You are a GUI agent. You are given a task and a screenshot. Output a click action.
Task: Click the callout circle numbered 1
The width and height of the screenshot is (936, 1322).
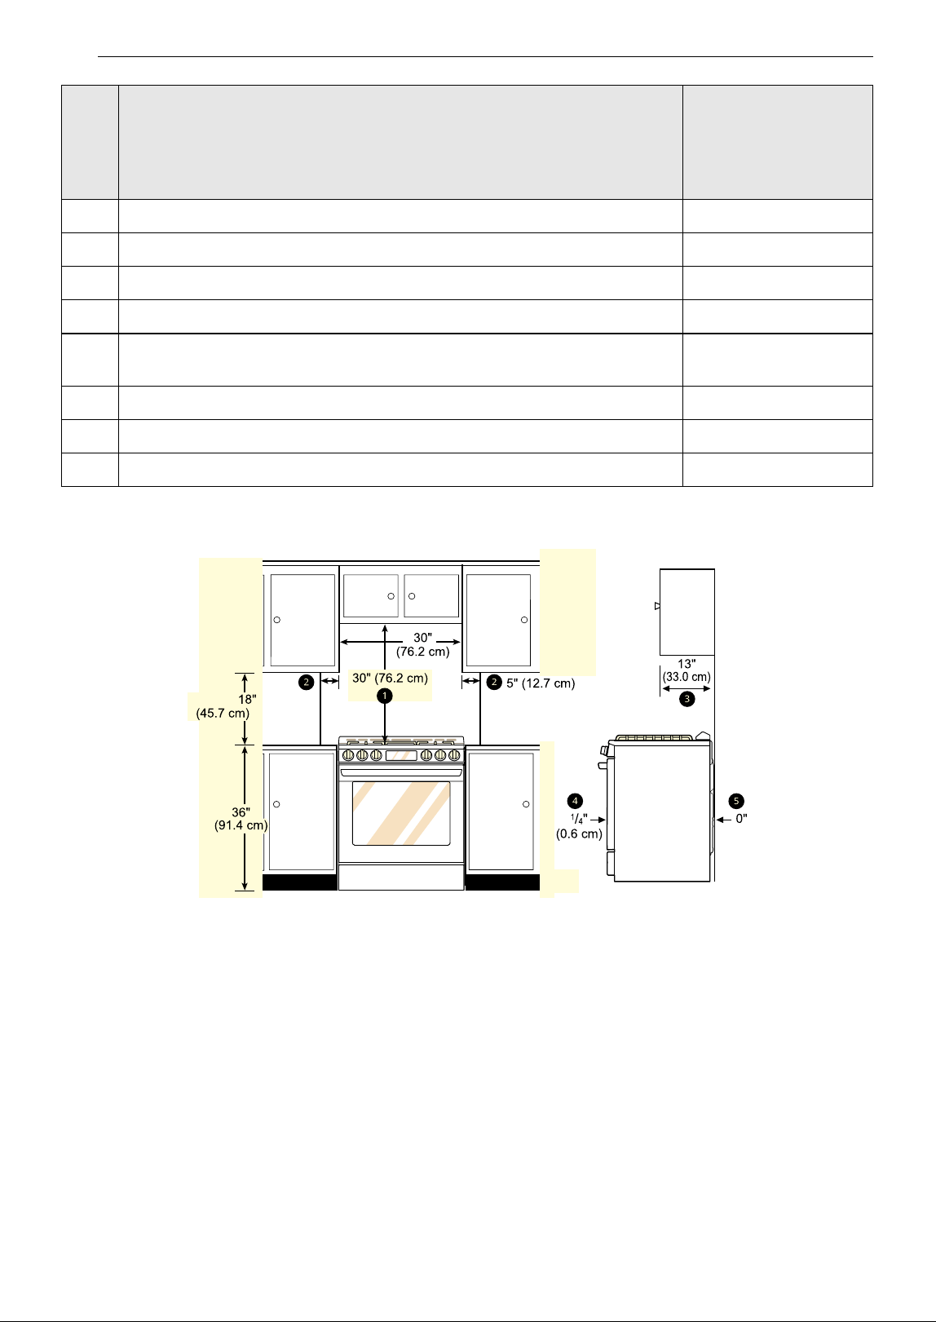(x=385, y=696)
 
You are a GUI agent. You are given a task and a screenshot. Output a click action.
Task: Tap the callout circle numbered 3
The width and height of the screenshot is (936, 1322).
(x=687, y=699)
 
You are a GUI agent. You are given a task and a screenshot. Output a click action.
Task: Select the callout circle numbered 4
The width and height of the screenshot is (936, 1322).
(x=575, y=801)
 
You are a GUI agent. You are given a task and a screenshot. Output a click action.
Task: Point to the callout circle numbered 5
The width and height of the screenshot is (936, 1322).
(x=736, y=801)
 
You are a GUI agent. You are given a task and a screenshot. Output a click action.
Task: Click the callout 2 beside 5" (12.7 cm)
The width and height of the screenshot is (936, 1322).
(x=494, y=683)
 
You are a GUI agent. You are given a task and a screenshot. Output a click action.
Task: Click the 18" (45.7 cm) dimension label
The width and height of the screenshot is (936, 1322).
(x=223, y=705)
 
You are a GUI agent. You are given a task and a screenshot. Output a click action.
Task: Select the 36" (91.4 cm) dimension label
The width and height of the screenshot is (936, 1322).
(x=241, y=819)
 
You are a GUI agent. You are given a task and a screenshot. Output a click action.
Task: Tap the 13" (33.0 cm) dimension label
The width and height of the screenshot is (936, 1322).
(x=687, y=670)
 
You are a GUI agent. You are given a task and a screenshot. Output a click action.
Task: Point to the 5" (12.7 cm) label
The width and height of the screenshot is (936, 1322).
(x=541, y=683)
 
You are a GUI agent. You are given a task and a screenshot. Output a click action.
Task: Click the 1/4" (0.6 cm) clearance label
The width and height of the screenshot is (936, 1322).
(x=579, y=826)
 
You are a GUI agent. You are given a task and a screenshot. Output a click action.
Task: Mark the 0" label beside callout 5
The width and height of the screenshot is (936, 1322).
(x=741, y=819)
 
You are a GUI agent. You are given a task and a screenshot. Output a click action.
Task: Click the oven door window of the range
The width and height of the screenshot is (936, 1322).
(x=401, y=813)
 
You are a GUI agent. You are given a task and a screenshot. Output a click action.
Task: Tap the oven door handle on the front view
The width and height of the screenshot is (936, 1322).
(x=401, y=772)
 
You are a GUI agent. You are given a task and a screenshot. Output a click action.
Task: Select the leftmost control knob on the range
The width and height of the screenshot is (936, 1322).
(x=348, y=755)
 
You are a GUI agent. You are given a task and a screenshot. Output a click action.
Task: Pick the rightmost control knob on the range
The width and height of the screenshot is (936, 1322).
(x=454, y=755)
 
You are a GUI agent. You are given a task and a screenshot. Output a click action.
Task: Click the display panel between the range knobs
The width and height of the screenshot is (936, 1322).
(x=401, y=755)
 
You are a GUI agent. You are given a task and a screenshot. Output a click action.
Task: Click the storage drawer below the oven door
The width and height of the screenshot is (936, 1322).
(x=401, y=877)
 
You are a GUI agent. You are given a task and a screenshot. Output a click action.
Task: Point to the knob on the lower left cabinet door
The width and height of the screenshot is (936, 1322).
(x=276, y=804)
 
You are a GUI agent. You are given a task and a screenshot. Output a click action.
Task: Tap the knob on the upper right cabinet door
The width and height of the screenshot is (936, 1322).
(x=524, y=620)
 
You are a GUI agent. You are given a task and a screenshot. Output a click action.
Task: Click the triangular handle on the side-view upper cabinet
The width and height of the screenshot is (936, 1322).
(x=657, y=606)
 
